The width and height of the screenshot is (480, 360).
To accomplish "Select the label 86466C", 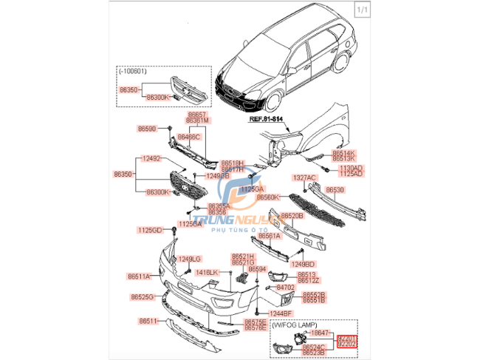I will pyautogui.click(x=198, y=137).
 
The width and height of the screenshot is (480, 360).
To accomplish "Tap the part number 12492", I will pyautogui.click(x=151, y=158).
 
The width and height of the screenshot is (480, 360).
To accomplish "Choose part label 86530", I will pyautogui.click(x=355, y=191).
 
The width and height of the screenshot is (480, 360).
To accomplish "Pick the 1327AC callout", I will pyautogui.click(x=304, y=178).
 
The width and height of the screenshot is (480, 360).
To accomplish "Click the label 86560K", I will pyautogui.click(x=267, y=197).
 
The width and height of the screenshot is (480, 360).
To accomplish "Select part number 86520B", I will pyautogui.click(x=291, y=216).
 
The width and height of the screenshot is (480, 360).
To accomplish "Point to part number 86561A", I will pyautogui.click(x=269, y=237).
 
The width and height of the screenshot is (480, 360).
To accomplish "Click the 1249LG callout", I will pyautogui.click(x=190, y=259).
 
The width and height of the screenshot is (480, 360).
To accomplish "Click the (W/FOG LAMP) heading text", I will pyautogui.click(x=295, y=325).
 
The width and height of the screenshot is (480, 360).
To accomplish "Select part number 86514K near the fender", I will pyautogui.click(x=342, y=153).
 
